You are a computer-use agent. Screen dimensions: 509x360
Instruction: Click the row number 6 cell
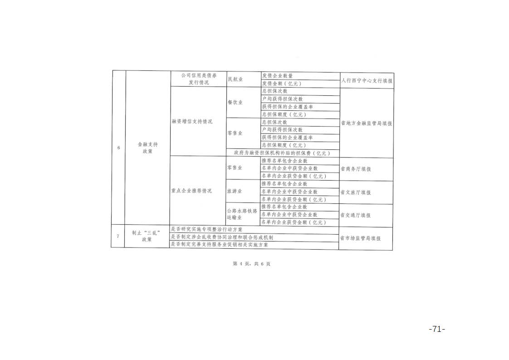tap(118, 148)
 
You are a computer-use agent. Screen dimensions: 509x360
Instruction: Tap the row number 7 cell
tap(118, 236)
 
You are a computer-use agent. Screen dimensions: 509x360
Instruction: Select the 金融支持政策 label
tap(148, 148)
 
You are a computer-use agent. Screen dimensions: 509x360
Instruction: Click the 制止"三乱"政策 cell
tap(147, 236)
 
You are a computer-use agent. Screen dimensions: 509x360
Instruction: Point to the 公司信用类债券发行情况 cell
tap(199, 79)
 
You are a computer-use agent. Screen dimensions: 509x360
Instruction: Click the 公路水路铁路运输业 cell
tap(242, 214)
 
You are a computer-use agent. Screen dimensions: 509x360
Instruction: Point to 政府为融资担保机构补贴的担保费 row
tap(282, 153)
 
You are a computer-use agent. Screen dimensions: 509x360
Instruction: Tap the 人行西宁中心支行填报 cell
tap(367, 80)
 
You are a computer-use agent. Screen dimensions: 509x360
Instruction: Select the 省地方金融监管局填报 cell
tap(366, 123)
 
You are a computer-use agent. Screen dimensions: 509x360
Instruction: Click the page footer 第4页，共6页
tap(252, 264)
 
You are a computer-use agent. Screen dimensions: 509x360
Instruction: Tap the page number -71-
tap(437, 329)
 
